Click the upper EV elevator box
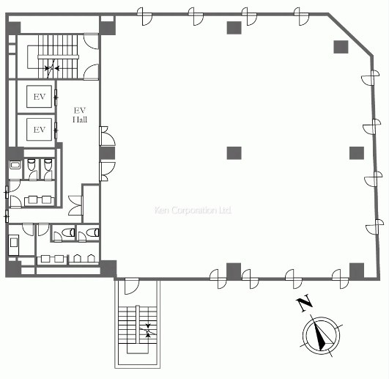40,97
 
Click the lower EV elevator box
40,129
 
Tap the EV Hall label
80,115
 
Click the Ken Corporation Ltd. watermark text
193,210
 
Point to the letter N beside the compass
304,303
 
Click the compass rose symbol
322,336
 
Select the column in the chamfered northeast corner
341,47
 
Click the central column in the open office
234,153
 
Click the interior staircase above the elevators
58,57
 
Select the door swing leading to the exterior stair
131,287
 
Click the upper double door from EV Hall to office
107,136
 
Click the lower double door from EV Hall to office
107,172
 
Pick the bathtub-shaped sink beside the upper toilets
15,165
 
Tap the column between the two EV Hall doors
107,153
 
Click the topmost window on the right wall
371,78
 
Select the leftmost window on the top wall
145,16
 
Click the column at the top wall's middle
234,28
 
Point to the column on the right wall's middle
357,153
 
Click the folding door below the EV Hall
75,205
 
